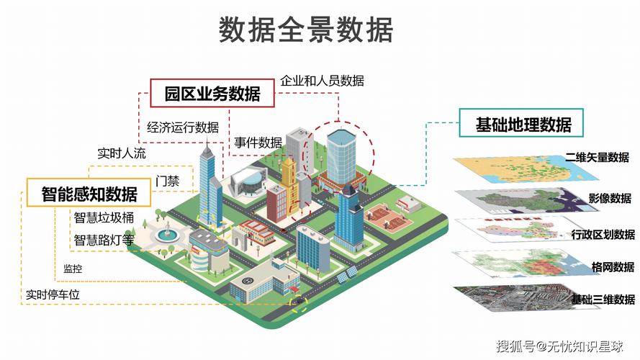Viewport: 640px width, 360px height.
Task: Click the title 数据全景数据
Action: tap(306, 30)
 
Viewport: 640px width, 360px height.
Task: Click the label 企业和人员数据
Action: tap(322, 81)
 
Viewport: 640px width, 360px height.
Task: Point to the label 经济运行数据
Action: tap(183, 127)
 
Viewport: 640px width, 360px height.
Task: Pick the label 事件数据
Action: tap(258, 143)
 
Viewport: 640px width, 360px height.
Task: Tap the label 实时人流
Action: tap(122, 153)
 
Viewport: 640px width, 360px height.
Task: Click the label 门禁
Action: tap(167, 181)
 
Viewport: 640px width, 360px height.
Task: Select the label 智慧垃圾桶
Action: tap(104, 217)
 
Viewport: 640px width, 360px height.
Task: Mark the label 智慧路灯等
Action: tap(104, 240)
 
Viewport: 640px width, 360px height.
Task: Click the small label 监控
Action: tap(73, 269)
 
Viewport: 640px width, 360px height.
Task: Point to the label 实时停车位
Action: tap(53, 294)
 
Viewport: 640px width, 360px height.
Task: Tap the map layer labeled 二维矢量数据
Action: tap(526, 168)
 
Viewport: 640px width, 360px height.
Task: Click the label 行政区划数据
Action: tap(603, 235)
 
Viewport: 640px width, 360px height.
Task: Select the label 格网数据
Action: tap(613, 267)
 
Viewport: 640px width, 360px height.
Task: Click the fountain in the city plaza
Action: tap(167, 233)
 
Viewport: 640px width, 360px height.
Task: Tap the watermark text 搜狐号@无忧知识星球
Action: tap(559, 346)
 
